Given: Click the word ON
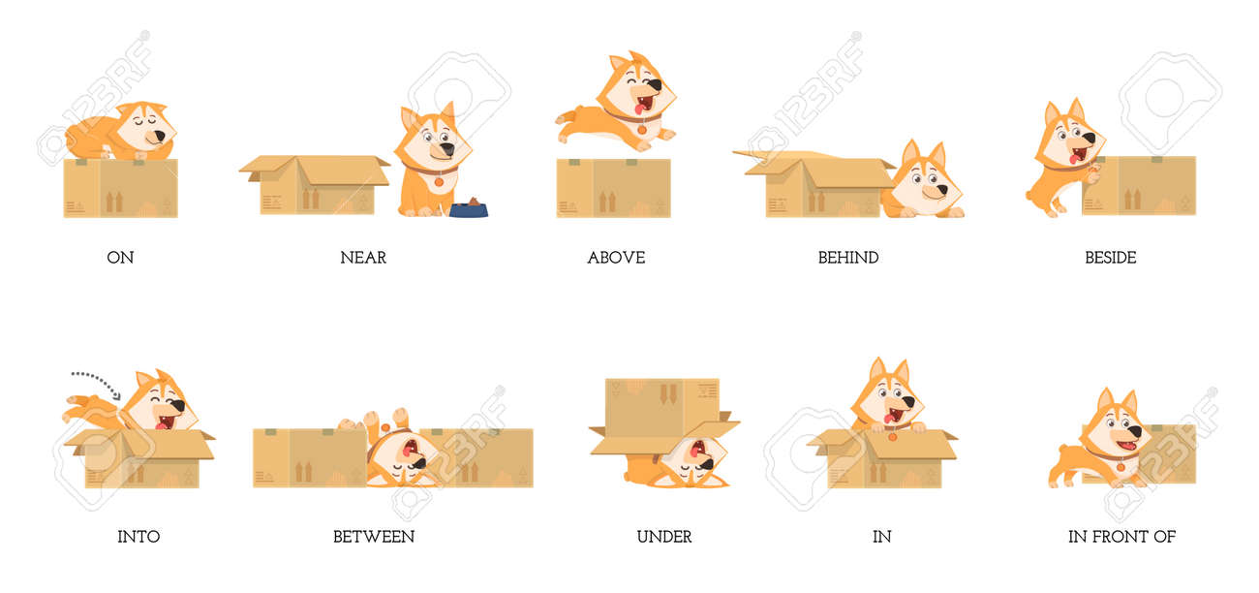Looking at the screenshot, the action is pos(120,258).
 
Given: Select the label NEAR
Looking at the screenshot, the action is pos(363,258).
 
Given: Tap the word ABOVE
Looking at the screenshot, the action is pos(616,258).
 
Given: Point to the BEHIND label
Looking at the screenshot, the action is pos(848,258).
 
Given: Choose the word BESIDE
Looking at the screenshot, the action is pos(1110,258).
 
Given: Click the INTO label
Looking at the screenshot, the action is pos(138,537).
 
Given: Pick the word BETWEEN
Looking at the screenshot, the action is pos(374,537).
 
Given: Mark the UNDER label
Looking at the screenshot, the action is pos(663,537).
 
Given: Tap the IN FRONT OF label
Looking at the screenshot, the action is pos(1121,537).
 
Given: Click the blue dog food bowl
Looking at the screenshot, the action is pos(469,208).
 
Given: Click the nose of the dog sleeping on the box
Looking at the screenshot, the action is pos(160,136).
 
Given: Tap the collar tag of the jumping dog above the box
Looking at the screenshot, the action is pos(642,130).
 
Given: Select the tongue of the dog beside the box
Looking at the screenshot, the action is pos(1074,159).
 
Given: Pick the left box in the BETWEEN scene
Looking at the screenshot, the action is pos(310,457).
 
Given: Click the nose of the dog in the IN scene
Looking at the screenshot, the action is pos(908,402).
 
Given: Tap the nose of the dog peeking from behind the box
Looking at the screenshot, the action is pos(939,191).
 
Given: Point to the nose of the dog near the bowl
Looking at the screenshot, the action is pos(446,149).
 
